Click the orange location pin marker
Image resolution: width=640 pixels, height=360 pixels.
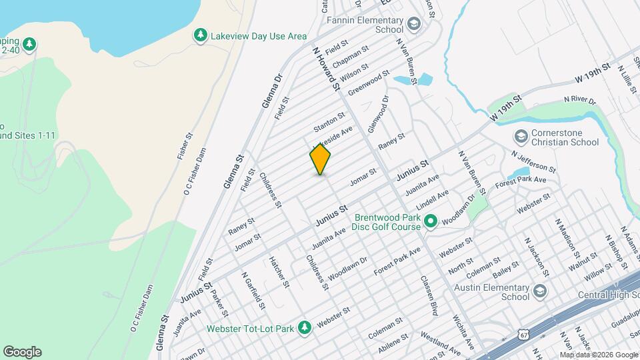(x=321, y=159)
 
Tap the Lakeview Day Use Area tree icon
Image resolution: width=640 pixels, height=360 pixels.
(x=200, y=35)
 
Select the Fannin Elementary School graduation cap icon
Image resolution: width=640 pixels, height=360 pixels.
(x=414, y=25)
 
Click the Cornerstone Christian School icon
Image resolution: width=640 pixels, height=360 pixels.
(x=521, y=137)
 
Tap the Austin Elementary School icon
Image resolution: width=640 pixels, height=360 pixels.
(x=539, y=292)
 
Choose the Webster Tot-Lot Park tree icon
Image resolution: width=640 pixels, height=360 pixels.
(x=305, y=327)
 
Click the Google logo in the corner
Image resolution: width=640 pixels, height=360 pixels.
(x=22, y=352)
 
